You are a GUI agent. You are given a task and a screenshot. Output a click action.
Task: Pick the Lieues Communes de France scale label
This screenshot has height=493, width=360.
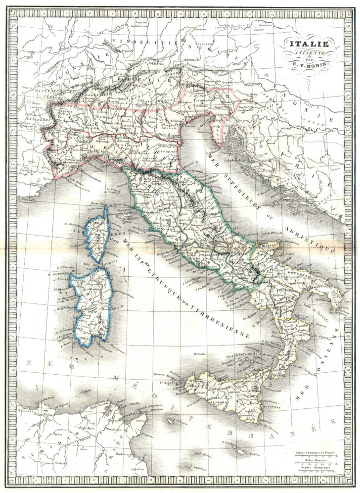(312, 452)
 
